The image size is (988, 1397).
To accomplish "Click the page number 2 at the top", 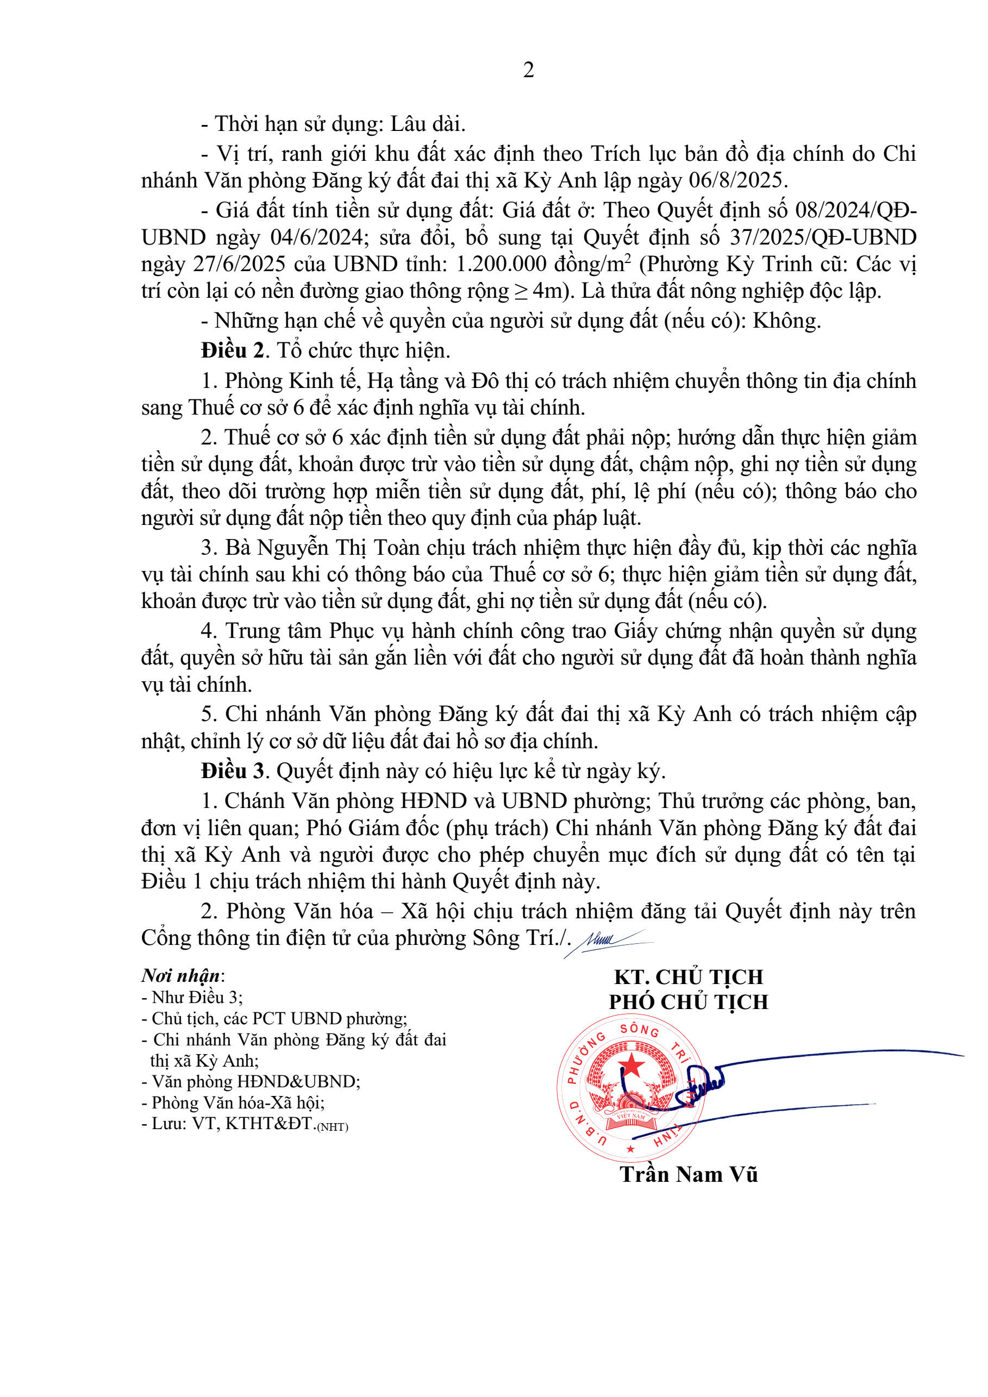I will pyautogui.click(x=528, y=70).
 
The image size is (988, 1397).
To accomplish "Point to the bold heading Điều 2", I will pyautogui.click(x=233, y=350).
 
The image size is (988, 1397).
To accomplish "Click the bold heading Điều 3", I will pyautogui.click(x=233, y=771).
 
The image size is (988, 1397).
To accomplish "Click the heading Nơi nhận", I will pyautogui.click(x=180, y=976).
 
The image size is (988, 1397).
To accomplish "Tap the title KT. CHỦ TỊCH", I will pyautogui.click(x=688, y=977).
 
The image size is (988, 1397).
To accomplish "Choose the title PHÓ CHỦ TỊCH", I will pyautogui.click(x=688, y=1002).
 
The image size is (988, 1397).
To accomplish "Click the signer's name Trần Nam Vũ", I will pyautogui.click(x=688, y=1174).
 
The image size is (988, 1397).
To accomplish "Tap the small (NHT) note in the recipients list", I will pyautogui.click(x=333, y=1127).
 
